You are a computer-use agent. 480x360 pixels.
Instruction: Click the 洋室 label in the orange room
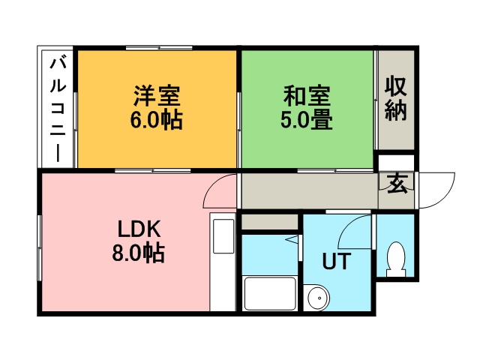point(157,95)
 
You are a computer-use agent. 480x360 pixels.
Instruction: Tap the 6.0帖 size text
point(157,120)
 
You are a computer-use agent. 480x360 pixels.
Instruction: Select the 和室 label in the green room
point(307,95)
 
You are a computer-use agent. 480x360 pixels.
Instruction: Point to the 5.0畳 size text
point(307,120)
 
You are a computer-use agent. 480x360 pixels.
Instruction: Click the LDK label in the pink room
point(139,229)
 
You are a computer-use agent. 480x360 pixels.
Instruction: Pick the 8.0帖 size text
point(139,253)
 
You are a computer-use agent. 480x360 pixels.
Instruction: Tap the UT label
point(335,261)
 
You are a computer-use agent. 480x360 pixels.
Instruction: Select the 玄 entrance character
point(397,184)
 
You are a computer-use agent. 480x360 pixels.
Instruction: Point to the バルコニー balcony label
point(58,109)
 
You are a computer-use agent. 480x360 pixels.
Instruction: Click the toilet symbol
point(396,259)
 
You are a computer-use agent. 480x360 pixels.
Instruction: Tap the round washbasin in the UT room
point(319,298)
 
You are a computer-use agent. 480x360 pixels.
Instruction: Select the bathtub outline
point(270,293)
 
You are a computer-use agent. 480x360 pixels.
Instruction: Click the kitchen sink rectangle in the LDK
point(223,236)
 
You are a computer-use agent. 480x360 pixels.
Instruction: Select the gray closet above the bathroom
point(270,222)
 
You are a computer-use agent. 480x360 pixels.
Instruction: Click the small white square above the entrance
point(397,161)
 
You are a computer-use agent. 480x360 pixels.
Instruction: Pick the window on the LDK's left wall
point(39,248)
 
